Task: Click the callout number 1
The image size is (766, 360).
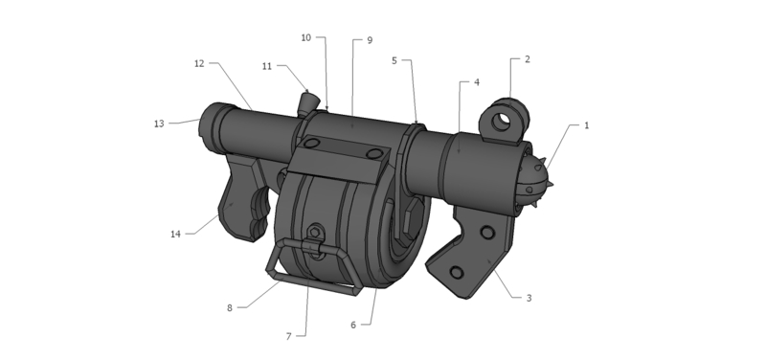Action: [x=587, y=125]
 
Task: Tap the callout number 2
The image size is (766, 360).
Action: [x=528, y=59]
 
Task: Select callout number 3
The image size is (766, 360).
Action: [x=529, y=298]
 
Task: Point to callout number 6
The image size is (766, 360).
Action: [x=353, y=326]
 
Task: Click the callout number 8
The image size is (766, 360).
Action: [x=230, y=308]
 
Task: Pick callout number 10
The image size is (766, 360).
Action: [x=305, y=37]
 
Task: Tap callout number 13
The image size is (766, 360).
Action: [x=159, y=124]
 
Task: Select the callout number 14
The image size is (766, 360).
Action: [x=175, y=235]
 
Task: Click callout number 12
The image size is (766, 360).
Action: [x=199, y=63]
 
